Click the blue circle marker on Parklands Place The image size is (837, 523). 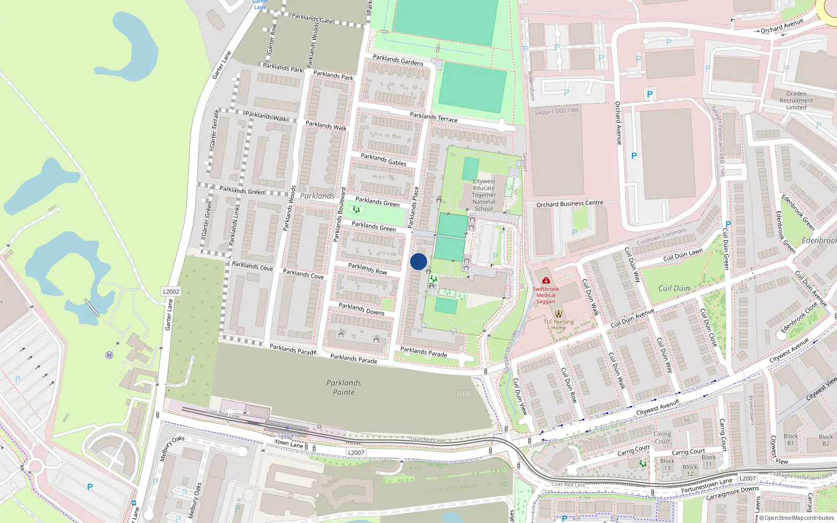418,261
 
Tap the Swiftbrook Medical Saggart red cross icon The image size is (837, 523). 546,280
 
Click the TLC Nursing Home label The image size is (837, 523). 558,325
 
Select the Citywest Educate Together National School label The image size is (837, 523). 484,195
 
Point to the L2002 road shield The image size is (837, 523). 171,292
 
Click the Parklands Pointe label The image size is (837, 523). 344,388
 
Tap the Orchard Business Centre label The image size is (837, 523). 570,203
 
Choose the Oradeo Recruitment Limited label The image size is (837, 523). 796,100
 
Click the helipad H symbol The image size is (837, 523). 109,355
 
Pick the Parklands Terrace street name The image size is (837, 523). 434,117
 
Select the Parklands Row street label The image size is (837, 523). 368,268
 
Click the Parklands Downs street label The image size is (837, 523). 361,309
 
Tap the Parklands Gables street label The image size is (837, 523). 383,160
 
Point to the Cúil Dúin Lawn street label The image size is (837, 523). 683,255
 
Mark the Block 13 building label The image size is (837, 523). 667,464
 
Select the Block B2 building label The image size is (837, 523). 825,440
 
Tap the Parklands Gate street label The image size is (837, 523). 312,18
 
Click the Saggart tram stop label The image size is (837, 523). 287,435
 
